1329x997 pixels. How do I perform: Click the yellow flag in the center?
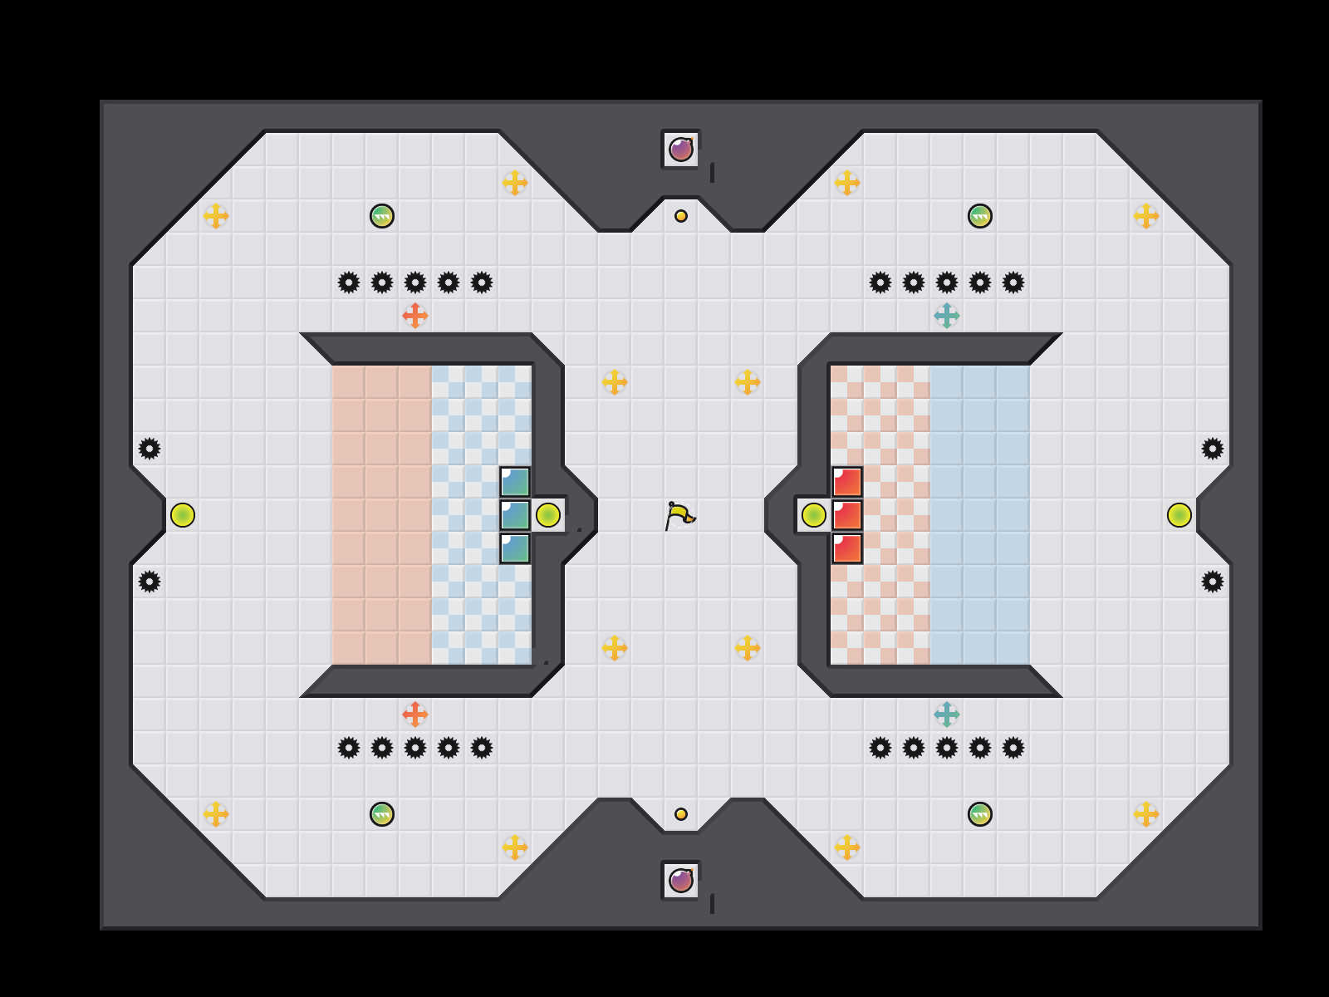pos(679,515)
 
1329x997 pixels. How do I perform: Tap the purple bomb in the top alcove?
pos(681,150)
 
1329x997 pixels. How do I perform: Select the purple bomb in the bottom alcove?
pos(681,881)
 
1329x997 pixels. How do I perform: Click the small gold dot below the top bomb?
pos(681,216)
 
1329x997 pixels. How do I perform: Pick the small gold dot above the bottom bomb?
pos(681,814)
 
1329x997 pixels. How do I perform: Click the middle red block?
pos(847,515)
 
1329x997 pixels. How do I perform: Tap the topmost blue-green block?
pos(515,482)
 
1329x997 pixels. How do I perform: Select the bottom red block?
pos(847,548)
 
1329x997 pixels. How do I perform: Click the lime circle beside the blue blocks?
pos(548,515)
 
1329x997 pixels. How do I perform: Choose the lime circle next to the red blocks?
pos(814,515)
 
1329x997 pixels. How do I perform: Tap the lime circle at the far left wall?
pos(183,515)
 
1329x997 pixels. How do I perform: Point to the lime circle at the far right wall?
pos(1179,515)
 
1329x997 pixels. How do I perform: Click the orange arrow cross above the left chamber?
pos(415,316)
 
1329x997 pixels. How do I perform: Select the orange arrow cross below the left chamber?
pos(415,715)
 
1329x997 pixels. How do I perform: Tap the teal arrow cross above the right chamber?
pos(947,316)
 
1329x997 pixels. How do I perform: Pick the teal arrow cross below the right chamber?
pos(947,715)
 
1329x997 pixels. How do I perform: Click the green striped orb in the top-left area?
pos(382,216)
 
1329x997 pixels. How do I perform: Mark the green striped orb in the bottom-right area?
pos(980,814)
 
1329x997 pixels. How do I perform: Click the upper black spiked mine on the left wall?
pos(150,449)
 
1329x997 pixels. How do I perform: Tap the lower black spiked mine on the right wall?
pos(1213,582)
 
